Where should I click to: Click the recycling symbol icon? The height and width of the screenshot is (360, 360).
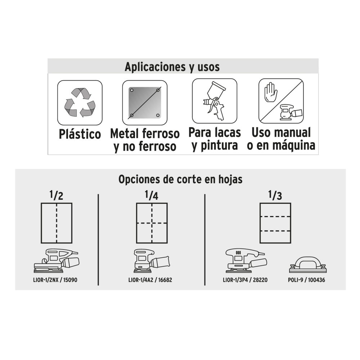pos(80,102)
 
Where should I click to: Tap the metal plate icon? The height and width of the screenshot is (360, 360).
pos(145,102)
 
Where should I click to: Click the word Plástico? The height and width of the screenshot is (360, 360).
pos(80,134)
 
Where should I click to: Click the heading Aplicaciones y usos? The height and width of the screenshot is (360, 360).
pos(172,67)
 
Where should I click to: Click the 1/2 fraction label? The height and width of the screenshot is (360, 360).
pos(56,195)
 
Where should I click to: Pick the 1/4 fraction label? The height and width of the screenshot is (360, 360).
pos(152,195)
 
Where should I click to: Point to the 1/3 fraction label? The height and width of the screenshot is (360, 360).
pos(275,195)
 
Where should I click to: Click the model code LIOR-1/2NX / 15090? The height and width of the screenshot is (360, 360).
pos(55,280)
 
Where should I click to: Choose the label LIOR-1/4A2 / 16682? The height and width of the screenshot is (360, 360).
pos(150,280)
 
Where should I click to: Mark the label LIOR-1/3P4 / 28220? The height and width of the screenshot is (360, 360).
pos(245,280)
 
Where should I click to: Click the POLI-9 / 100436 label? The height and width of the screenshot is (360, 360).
pos(306,280)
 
